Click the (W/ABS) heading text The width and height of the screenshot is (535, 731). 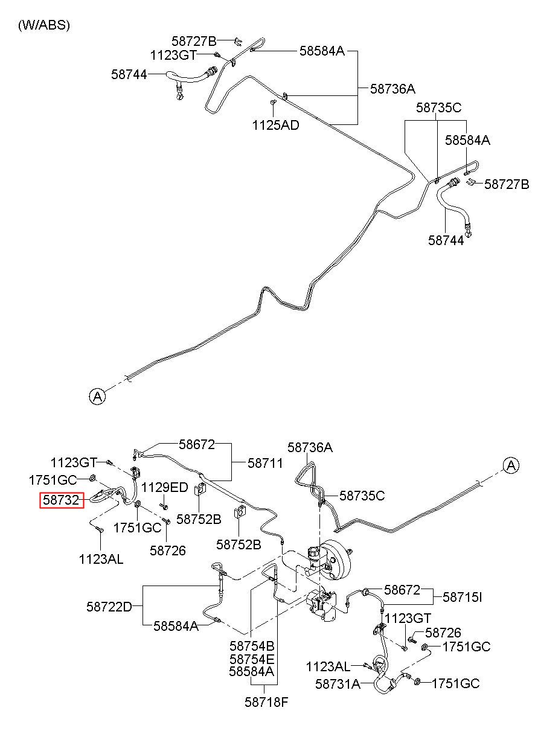(x=44, y=25)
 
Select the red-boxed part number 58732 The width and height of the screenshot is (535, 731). (x=62, y=500)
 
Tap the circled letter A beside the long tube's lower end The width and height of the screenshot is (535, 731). (x=97, y=397)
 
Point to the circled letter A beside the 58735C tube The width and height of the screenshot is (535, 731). (x=511, y=465)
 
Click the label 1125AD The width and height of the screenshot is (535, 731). (x=275, y=125)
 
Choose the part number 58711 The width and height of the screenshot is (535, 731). (x=265, y=463)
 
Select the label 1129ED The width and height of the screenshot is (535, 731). (x=164, y=488)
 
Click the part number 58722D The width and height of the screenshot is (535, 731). (x=109, y=607)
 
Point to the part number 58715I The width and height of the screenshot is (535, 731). (x=462, y=598)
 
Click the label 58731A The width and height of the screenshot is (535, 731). (x=338, y=684)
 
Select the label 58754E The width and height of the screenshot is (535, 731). (x=252, y=659)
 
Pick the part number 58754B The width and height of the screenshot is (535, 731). (x=252, y=646)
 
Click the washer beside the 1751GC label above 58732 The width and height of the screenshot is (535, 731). (x=92, y=479)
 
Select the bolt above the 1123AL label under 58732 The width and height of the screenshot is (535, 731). (x=100, y=529)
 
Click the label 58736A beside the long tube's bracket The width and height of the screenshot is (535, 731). (x=392, y=89)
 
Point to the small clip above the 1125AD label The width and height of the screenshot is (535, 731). (x=273, y=103)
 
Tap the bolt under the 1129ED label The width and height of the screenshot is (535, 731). (x=164, y=506)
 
